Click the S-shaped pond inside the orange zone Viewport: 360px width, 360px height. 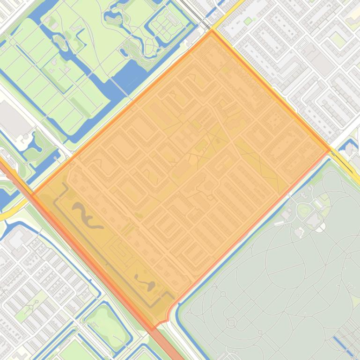(x=86, y=216)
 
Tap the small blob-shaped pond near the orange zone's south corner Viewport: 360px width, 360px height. (x=145, y=282)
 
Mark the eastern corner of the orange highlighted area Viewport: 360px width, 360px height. (x=330, y=150)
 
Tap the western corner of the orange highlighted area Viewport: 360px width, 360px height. (x=32, y=193)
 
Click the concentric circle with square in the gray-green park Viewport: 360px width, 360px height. (x=231, y=323)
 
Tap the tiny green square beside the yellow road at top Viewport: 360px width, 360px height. (x=248, y=21)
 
